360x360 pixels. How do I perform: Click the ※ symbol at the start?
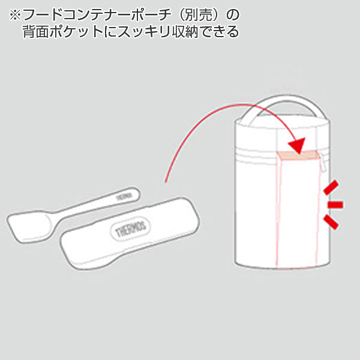[x=14, y=13]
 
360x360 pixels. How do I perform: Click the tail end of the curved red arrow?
[x=166, y=179]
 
